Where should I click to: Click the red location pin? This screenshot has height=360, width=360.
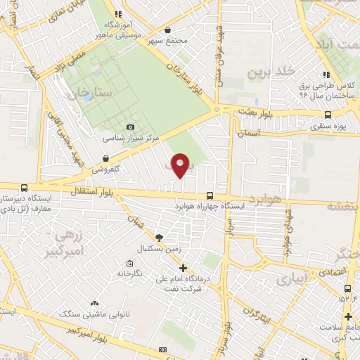[x=181, y=165]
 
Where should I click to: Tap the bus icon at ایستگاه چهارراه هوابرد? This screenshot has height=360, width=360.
[x=210, y=197]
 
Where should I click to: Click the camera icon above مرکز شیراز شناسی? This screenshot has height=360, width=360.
[x=129, y=127]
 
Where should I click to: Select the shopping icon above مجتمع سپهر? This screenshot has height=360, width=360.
[x=167, y=30]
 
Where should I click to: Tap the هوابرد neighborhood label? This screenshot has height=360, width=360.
[x=264, y=199]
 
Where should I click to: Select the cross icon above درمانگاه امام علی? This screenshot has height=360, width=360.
[x=183, y=267]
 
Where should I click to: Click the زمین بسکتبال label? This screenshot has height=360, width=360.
[x=160, y=249]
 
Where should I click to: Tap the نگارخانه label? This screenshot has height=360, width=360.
[x=130, y=272]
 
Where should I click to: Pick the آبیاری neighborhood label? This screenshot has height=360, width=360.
[x=292, y=279]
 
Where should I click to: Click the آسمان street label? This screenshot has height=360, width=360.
[x=249, y=132]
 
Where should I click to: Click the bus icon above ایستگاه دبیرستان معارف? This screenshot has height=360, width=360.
[x=25, y=188]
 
